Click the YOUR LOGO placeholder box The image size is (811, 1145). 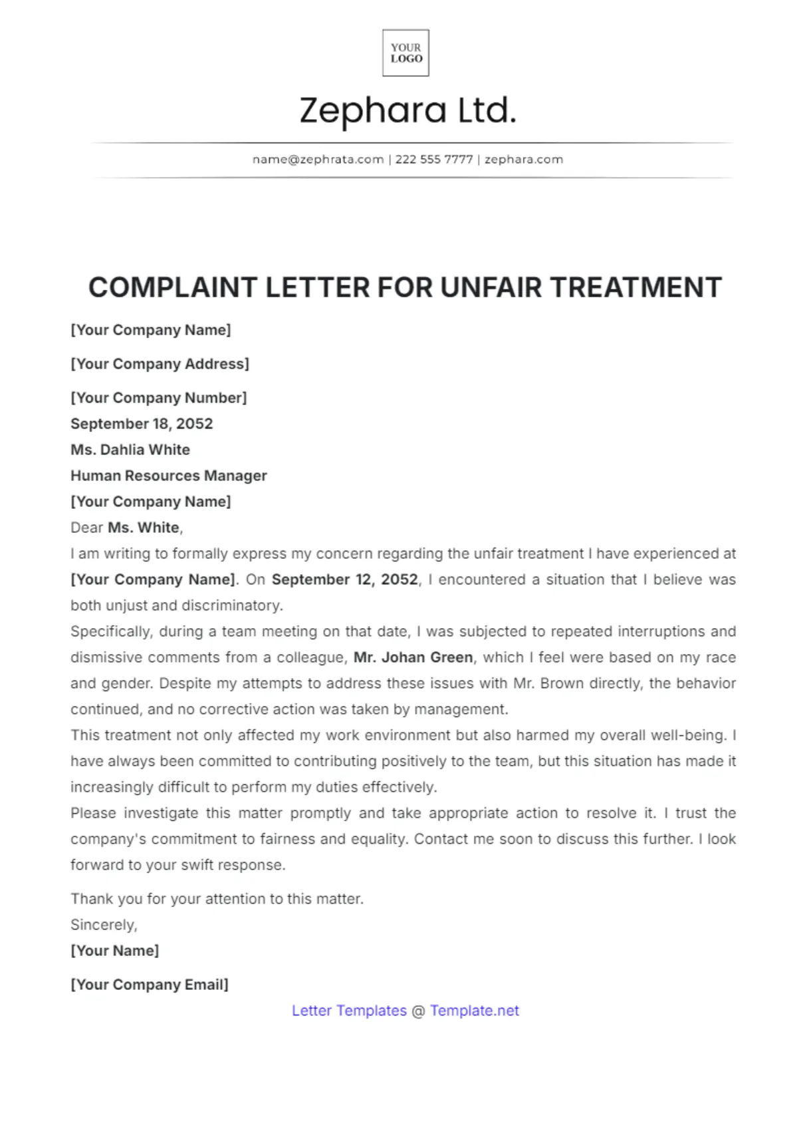click(405, 53)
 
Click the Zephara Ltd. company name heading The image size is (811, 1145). click(407, 110)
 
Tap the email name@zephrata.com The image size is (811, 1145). click(318, 160)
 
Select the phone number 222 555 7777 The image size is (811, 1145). click(434, 160)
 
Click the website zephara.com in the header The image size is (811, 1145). click(524, 160)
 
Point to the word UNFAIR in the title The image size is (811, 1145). click(491, 288)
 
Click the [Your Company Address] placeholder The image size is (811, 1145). click(160, 364)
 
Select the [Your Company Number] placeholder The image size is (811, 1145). click(158, 398)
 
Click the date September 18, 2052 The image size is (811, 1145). click(142, 424)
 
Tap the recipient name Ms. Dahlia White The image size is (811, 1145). click(130, 450)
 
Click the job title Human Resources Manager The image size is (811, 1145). click(169, 476)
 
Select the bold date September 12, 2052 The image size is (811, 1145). click(345, 579)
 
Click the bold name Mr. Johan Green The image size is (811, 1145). click(413, 657)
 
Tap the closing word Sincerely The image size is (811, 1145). click(104, 925)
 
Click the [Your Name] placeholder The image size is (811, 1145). click(115, 951)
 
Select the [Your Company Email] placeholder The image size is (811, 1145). click(150, 985)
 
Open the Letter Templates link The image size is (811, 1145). click(349, 1011)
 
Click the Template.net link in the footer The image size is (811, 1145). click(475, 1011)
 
